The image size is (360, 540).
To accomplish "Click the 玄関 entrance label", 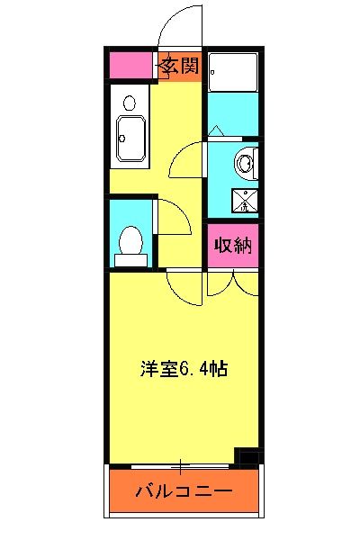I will pyautogui.click(x=180, y=66).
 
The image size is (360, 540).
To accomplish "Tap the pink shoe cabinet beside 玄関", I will pyautogui.click(x=131, y=66).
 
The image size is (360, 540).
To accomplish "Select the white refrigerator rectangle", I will pyautogui.click(x=233, y=71).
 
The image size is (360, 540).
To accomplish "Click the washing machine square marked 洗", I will pyautogui.click(x=242, y=200).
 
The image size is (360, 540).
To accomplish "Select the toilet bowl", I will pyautogui.click(x=130, y=239).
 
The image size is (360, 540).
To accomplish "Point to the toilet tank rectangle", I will pyautogui.click(x=130, y=259).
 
